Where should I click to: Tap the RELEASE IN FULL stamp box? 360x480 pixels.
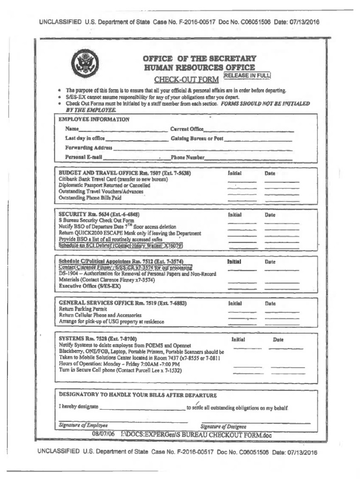[247, 75]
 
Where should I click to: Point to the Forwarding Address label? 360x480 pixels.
[89, 148]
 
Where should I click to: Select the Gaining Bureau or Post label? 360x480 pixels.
[197, 139]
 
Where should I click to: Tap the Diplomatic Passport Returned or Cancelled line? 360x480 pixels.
[104, 186]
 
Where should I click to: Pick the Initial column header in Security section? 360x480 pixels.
[234, 214]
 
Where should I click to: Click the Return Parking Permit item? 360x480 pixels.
[83, 310]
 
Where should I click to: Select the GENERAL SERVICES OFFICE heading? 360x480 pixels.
[122, 303]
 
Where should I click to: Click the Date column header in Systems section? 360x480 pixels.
[278, 339]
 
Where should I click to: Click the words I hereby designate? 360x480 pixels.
[78, 407]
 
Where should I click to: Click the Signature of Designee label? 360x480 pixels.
[223, 426]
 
